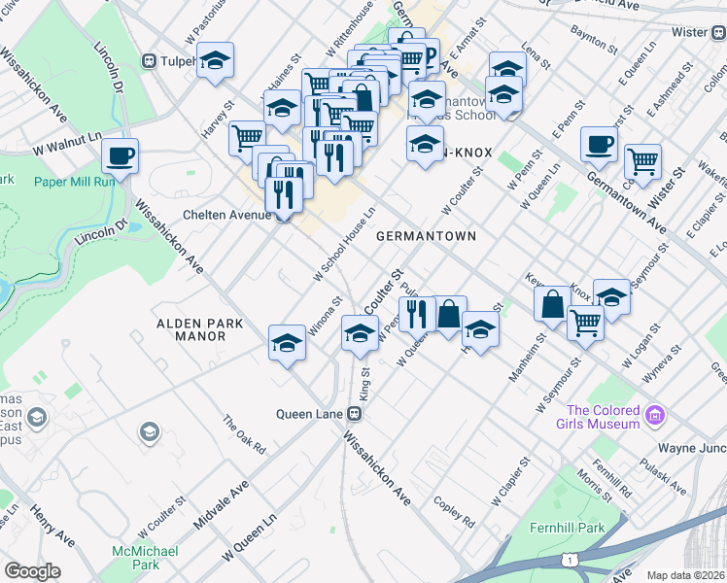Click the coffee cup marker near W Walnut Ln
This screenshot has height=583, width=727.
(120, 155)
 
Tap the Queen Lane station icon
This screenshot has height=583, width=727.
(355, 414)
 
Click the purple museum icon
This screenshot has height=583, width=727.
(656, 416)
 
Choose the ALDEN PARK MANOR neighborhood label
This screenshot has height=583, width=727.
(190, 329)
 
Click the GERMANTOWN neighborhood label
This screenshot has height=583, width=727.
(426, 236)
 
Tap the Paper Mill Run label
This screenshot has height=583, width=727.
(75, 181)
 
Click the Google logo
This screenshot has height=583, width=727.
(32, 571)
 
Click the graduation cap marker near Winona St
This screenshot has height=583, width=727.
(287, 343)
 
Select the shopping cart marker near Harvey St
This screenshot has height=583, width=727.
(247, 137)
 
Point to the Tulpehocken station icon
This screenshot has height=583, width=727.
(150, 60)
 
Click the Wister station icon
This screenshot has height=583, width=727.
(717, 32)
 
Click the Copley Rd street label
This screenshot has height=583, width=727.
(454, 512)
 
